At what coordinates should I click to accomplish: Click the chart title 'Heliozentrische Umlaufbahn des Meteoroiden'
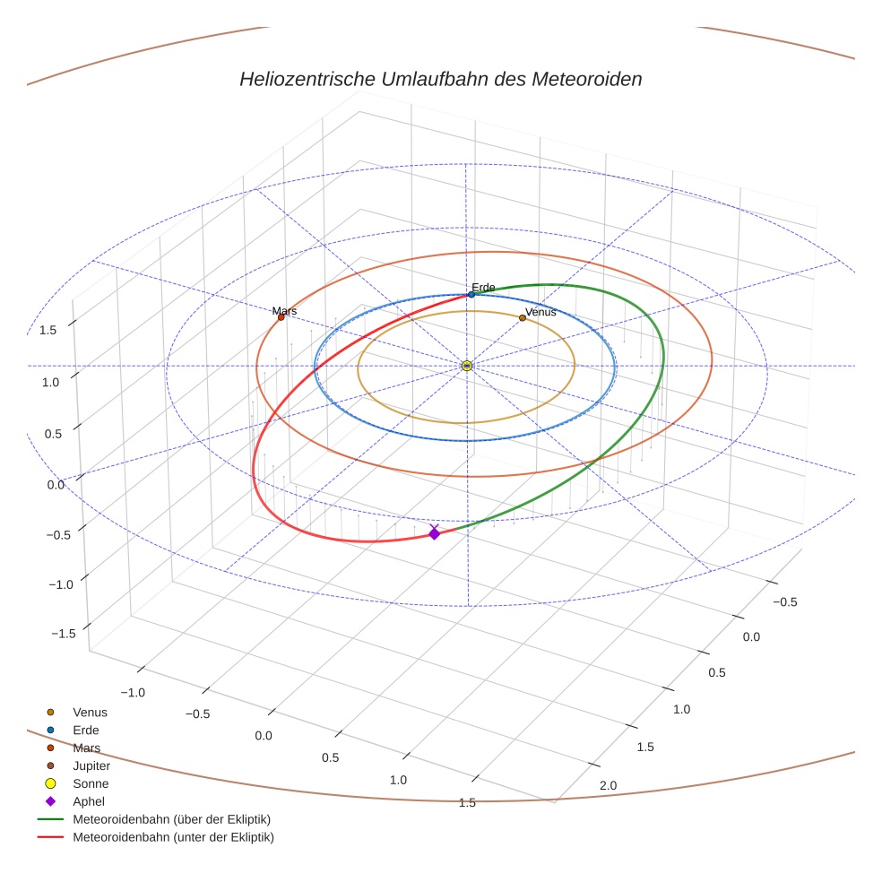pos(440,79)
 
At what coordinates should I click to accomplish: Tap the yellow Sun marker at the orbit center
pos(467,366)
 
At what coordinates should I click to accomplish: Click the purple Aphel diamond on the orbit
pos(435,533)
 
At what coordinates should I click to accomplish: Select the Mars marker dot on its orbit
pos(281,317)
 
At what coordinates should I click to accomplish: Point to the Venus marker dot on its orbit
pos(523,318)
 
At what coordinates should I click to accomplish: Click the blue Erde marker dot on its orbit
pos(471,294)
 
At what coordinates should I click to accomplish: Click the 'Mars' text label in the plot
pos(284,310)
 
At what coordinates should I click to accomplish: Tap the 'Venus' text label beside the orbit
pos(540,312)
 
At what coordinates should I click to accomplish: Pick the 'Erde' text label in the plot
pos(483,287)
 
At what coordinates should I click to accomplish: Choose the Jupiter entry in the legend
pos(91,766)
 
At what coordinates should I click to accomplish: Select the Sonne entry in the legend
pos(91,784)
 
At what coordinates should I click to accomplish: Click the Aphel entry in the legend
pos(89,801)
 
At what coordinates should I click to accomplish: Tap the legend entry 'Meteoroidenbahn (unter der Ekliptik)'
pos(173,837)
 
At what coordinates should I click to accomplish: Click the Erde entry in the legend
pos(86,731)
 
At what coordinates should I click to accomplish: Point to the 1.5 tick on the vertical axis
pos(48,330)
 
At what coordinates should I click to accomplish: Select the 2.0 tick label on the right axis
pos(608,785)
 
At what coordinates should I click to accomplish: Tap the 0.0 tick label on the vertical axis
pos(56,485)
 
